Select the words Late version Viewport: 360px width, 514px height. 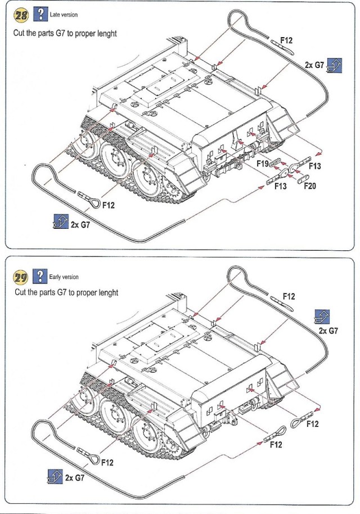[x=64, y=14]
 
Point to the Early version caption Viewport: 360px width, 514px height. [x=64, y=277]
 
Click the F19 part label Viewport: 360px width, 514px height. [x=263, y=163]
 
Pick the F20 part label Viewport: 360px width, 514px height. [x=310, y=186]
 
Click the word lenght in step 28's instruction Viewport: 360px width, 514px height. [x=105, y=33]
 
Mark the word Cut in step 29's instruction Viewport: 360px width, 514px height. [x=20, y=293]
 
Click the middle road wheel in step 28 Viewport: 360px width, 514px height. [x=115, y=161]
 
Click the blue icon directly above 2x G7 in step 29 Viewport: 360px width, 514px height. [x=322, y=317]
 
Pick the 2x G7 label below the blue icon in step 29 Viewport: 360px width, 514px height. [x=328, y=331]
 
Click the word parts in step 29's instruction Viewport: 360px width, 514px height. [x=44, y=293]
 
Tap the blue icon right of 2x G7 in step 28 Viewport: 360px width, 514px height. [x=334, y=65]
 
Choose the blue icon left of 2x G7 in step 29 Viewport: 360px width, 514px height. [x=55, y=477]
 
